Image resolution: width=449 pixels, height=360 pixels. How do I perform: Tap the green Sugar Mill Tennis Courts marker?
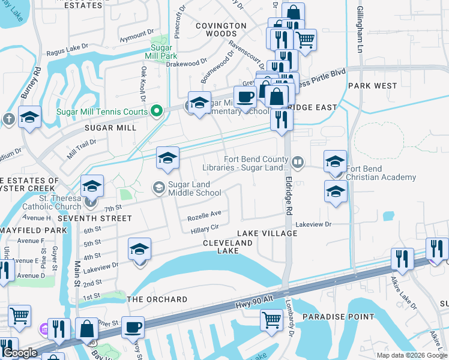click(x=157, y=110)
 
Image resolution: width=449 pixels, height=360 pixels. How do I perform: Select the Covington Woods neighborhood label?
click(x=222, y=30)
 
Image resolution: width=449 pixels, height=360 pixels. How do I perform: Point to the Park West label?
click(x=372, y=86)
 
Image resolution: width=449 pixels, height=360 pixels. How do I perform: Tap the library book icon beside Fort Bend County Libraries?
click(x=297, y=162)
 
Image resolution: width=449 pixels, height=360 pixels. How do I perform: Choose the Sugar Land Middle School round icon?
click(x=159, y=188)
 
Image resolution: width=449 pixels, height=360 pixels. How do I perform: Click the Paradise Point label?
click(x=338, y=317)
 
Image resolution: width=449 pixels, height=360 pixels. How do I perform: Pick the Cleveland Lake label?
click(x=228, y=247)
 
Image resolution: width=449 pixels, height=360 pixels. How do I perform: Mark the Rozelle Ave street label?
click(x=204, y=213)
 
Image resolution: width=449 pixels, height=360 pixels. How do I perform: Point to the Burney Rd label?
click(x=29, y=83)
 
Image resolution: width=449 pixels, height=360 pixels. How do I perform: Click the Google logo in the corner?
click(x=20, y=353)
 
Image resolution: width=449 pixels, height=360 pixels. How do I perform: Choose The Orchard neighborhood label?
click(x=157, y=299)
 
